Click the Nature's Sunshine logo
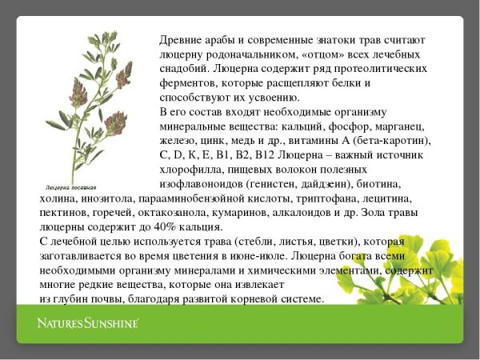pyautogui.click(x=88, y=323)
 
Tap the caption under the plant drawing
pyautogui.click(x=70, y=187)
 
